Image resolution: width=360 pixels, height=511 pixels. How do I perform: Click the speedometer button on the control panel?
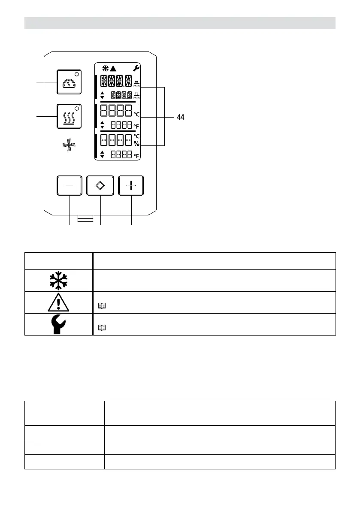70,82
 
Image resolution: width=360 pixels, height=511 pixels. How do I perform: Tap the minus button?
70,186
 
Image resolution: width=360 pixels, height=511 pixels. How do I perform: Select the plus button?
131,186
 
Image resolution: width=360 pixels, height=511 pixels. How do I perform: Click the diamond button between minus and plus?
100,186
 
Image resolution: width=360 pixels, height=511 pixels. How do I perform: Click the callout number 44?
181,117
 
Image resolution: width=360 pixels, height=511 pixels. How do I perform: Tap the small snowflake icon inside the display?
105,68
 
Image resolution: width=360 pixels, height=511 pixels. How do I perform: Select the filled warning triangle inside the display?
113,68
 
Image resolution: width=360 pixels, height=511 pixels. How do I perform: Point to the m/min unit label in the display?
136,83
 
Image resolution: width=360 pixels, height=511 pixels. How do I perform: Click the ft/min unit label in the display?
136,96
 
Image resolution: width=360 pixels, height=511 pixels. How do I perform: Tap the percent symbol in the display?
136,144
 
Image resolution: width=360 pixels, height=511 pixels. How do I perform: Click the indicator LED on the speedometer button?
77,73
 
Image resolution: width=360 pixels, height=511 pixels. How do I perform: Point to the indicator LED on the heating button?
77,107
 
